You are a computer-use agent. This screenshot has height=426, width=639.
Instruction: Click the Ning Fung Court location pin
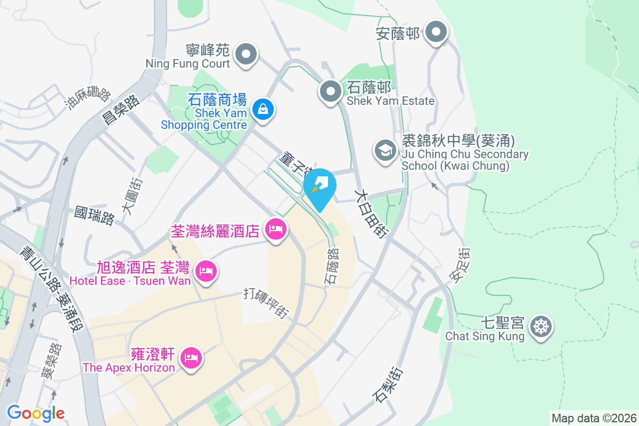point(246,54)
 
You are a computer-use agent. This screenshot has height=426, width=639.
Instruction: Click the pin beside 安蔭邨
point(437,32)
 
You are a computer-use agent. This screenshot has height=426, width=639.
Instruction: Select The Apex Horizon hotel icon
point(190,357)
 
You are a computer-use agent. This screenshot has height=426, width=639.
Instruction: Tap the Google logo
point(36,413)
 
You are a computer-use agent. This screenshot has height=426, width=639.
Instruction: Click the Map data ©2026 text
point(594,418)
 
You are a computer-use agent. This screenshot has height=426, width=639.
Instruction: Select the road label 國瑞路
point(94,216)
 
